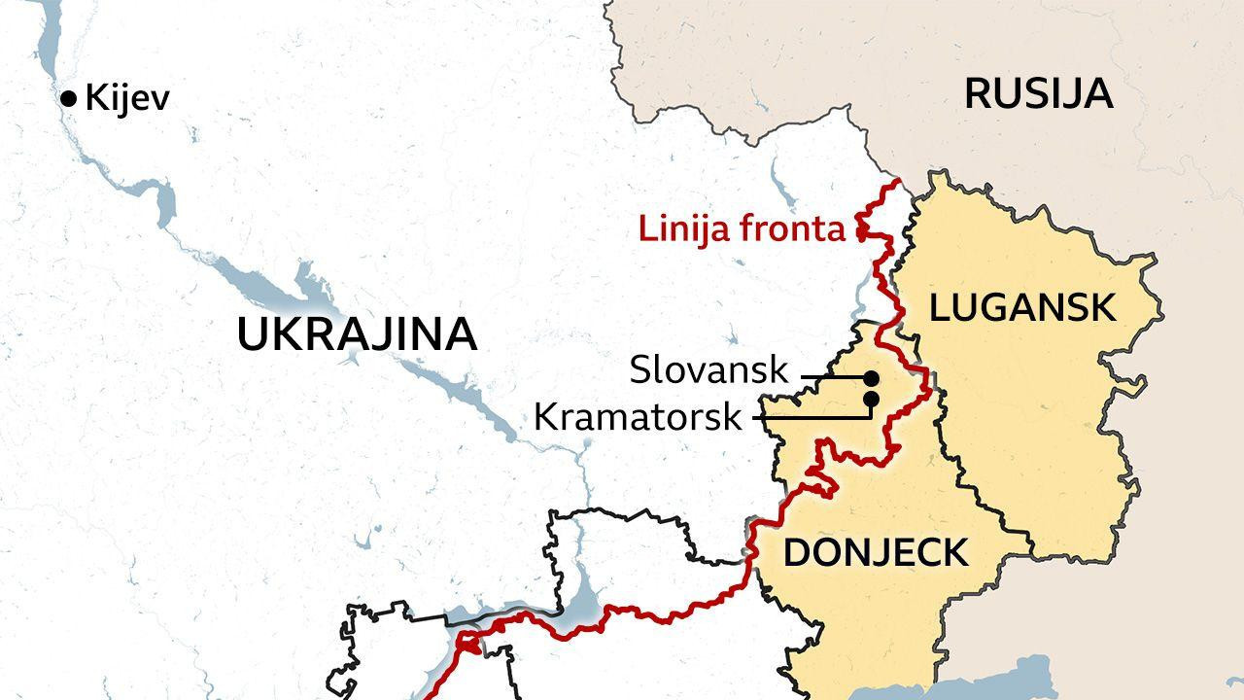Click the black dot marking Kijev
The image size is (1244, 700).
pos(68,98)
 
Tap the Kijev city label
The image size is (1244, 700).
pos(127,98)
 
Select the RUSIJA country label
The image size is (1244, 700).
pos(1038,93)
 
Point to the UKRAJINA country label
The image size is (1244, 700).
pos(357,334)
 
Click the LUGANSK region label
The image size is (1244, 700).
pos(1021,307)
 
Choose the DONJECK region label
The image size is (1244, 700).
pos(876,552)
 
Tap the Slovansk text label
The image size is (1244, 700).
pos(709,369)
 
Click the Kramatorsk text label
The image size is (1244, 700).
pos(639,417)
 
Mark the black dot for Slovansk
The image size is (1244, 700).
pos(871,377)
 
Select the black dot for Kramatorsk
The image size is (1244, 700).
pos(871,399)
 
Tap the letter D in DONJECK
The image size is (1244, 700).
pos(796,552)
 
